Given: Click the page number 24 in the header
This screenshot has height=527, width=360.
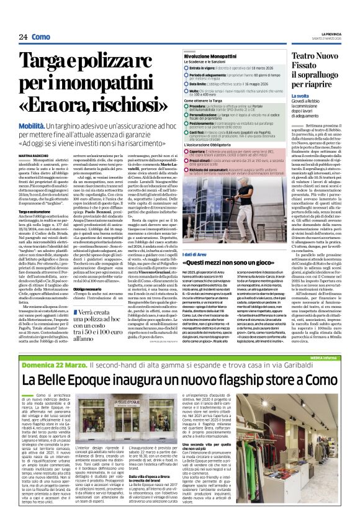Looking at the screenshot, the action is [22, 37].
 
